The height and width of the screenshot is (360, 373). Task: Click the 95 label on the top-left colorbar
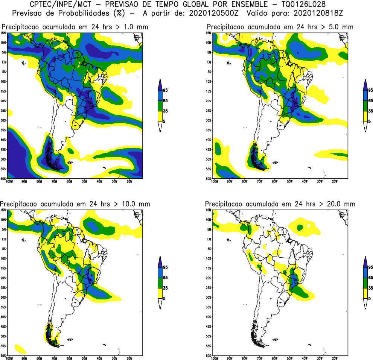(165, 90)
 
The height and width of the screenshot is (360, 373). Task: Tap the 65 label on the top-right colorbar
(370, 101)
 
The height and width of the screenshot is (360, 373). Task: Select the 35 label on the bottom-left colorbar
(165, 288)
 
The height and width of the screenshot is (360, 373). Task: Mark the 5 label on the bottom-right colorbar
(369, 298)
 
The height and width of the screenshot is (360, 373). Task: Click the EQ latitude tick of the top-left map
(3, 62)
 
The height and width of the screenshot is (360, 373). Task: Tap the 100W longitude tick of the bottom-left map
(9, 358)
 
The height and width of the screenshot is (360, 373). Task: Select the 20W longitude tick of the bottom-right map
(334, 358)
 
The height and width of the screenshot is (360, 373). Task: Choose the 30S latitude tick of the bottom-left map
(3, 298)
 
